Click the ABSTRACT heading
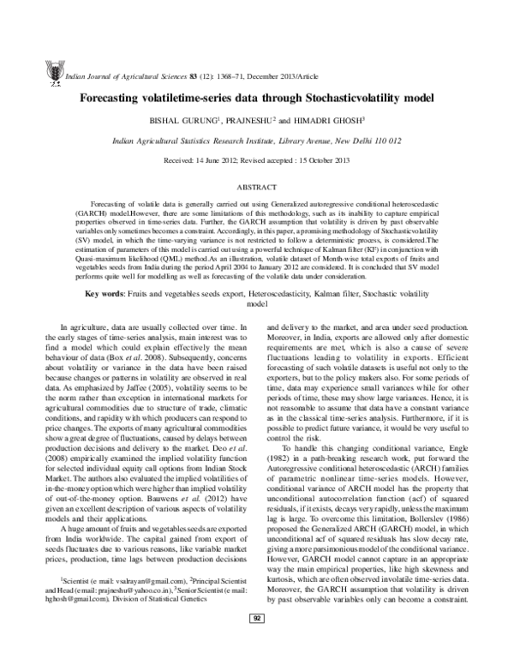(256, 186)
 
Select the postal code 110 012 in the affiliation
(384, 140)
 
